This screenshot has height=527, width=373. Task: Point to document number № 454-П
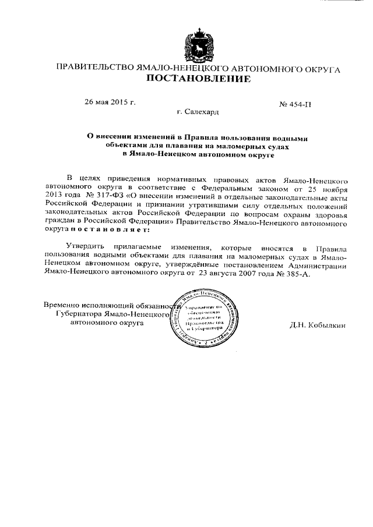point(295,105)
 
